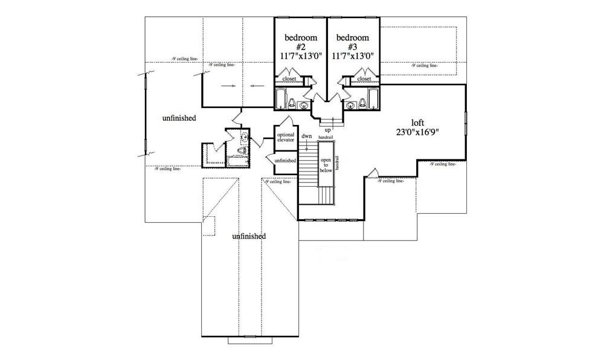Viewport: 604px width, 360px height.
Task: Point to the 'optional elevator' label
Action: pos(285,137)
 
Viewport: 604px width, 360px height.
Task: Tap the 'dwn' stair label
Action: pos(307,137)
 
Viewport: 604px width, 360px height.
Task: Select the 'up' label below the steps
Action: pos(327,129)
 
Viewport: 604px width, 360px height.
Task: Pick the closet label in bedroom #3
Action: pos(364,79)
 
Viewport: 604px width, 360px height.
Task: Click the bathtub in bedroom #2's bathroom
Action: pos(281,98)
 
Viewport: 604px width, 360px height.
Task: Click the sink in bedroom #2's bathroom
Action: pos(303,104)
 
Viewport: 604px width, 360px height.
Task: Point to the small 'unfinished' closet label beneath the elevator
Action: pos(285,161)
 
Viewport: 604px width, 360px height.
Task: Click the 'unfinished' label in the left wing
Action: pos(179,118)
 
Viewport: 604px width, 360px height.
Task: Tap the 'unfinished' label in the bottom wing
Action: pos(249,236)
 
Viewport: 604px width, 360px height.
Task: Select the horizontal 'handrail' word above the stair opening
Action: pos(326,138)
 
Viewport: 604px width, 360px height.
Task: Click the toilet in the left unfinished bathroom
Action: pos(243,151)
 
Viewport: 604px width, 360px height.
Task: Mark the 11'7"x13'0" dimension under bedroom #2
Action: pos(301,55)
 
